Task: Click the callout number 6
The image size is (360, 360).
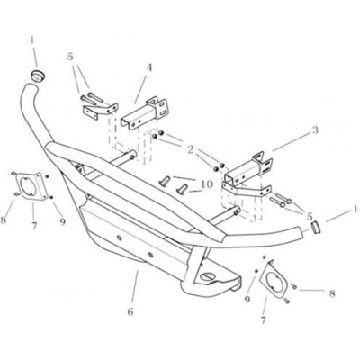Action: tap(130, 311)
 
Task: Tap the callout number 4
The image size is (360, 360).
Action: tap(149, 67)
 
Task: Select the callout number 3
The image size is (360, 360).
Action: tap(315, 130)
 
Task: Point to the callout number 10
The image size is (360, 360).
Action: tap(207, 184)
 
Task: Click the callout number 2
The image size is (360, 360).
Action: tap(190, 150)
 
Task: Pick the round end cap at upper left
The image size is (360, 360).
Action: tap(38, 75)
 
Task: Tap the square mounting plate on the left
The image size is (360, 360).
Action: tap(31, 186)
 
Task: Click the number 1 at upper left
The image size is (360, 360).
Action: tap(32, 40)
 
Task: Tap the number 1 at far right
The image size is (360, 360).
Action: tap(355, 209)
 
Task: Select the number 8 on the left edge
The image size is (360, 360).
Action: tap(3, 220)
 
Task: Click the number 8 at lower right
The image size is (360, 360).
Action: tap(332, 293)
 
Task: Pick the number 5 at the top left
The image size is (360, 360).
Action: tap(70, 57)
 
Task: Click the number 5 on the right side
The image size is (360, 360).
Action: tap(309, 216)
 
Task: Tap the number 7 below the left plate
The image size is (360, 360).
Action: tap(34, 225)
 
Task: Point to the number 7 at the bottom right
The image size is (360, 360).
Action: tap(263, 320)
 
